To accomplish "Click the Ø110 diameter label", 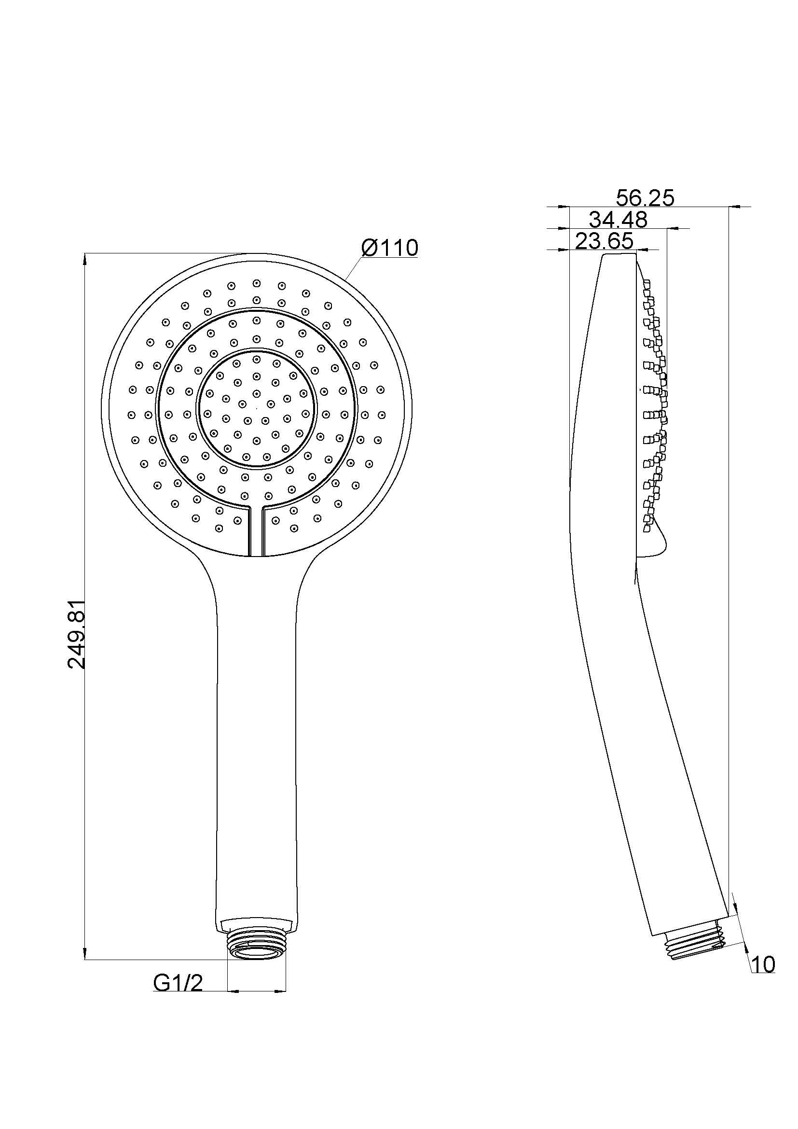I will [389, 248].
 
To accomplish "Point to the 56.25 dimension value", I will [645, 198].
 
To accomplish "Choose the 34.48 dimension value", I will [618, 219].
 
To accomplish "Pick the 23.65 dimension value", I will [604, 241].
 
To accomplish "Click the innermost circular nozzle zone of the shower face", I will [256, 410].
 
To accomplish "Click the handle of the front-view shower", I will [256, 738].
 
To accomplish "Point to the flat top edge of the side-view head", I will [619, 255].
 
